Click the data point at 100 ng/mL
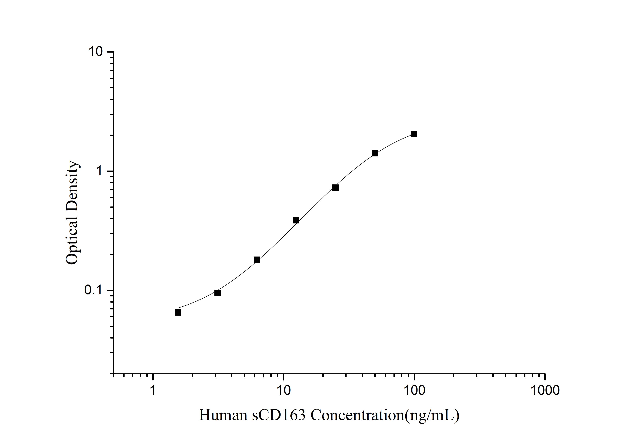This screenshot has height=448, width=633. (x=414, y=134)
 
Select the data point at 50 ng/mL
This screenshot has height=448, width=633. (x=375, y=153)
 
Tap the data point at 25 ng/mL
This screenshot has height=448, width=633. (x=335, y=188)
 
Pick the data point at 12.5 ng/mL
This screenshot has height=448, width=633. (x=296, y=220)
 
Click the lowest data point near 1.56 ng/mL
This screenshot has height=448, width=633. (x=178, y=312)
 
